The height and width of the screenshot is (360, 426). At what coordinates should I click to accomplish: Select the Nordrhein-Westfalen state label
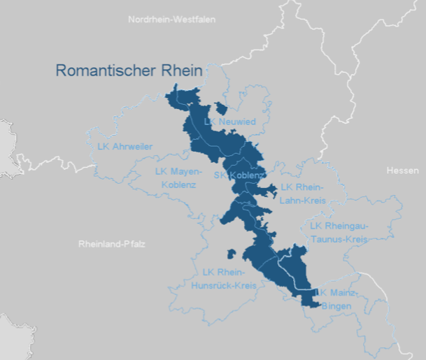point(171,20)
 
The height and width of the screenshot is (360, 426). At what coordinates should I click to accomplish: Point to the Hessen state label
point(402,171)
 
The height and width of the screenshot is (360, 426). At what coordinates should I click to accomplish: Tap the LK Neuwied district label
point(229,122)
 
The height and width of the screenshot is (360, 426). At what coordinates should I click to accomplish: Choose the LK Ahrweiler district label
point(125,146)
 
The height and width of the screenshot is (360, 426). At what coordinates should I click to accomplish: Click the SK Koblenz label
point(239,175)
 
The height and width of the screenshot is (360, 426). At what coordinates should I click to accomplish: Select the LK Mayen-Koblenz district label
point(178,178)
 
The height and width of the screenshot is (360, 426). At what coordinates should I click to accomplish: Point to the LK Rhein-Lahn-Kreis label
point(302,194)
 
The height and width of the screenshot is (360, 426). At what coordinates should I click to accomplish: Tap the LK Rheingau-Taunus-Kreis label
point(338,232)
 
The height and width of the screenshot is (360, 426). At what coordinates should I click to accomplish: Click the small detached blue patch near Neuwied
point(222,107)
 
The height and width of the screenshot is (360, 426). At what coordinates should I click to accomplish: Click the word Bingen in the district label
point(336,305)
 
